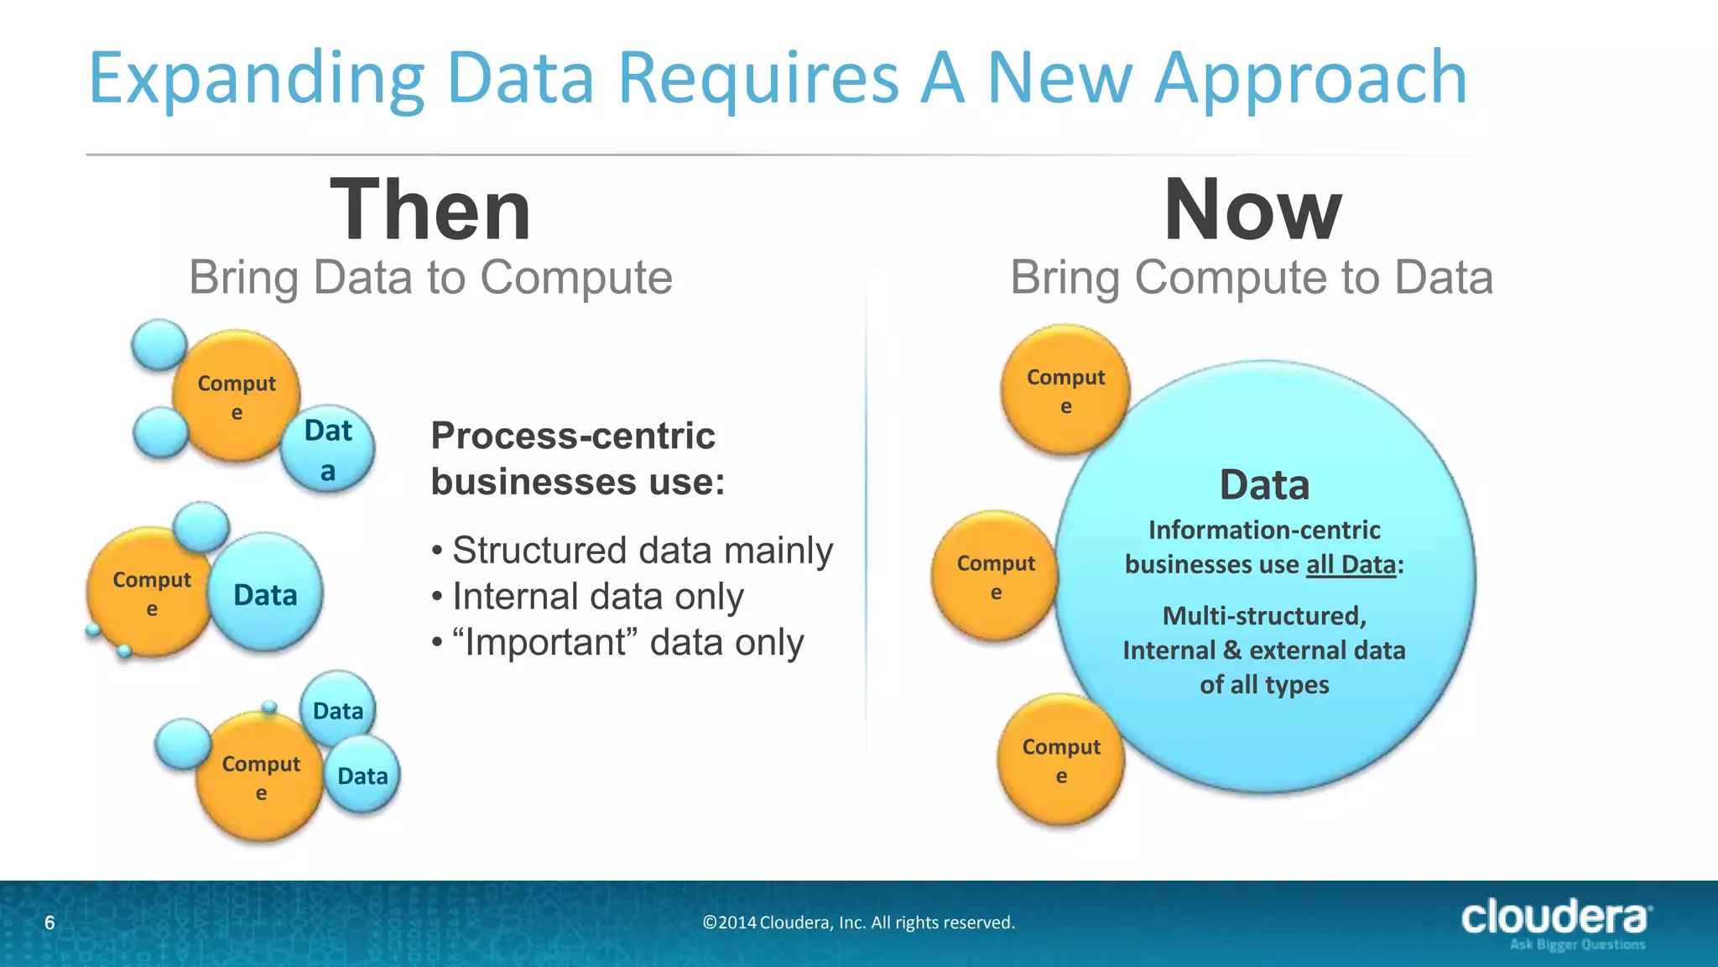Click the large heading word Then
coord(430,210)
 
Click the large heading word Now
coord(1252,210)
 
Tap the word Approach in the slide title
coord(1310,77)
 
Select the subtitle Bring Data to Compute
coord(430,277)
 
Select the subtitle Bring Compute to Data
coord(1252,277)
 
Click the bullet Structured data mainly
coord(642,551)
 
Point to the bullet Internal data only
coord(597,597)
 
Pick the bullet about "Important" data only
coord(627,643)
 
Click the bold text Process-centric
coord(573,436)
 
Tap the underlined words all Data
coord(1351,564)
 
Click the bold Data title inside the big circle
coord(1264,485)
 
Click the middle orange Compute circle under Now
coord(995,577)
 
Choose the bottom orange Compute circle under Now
coord(1060,761)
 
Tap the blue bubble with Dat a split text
coord(328,451)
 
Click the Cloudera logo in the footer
coord(1556,921)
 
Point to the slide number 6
coord(49,923)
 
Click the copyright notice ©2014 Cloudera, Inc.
coord(858,923)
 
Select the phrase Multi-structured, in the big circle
coord(1264,616)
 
